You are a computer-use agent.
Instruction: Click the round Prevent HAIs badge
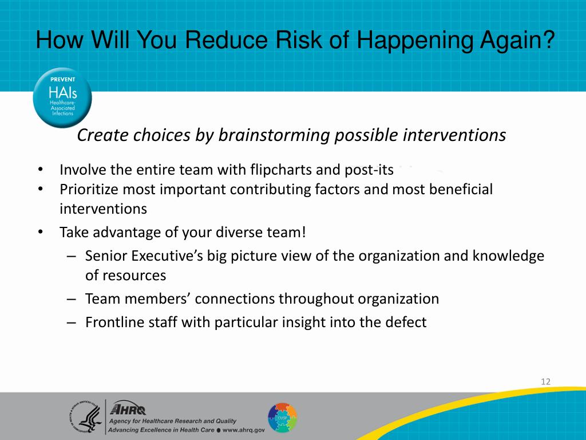pos(62,97)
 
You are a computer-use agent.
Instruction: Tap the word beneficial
pos(461,189)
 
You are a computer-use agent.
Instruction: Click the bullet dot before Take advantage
pos(41,233)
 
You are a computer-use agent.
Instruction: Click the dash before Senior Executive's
pos(72,257)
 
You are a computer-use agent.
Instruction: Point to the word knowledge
pos(508,256)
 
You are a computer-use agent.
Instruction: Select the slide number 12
pos(545,382)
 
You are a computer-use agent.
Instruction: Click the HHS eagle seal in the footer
pos(86,417)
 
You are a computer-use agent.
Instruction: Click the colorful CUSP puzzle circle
pos(283,418)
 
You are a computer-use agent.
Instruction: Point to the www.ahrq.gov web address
pos(243,430)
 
